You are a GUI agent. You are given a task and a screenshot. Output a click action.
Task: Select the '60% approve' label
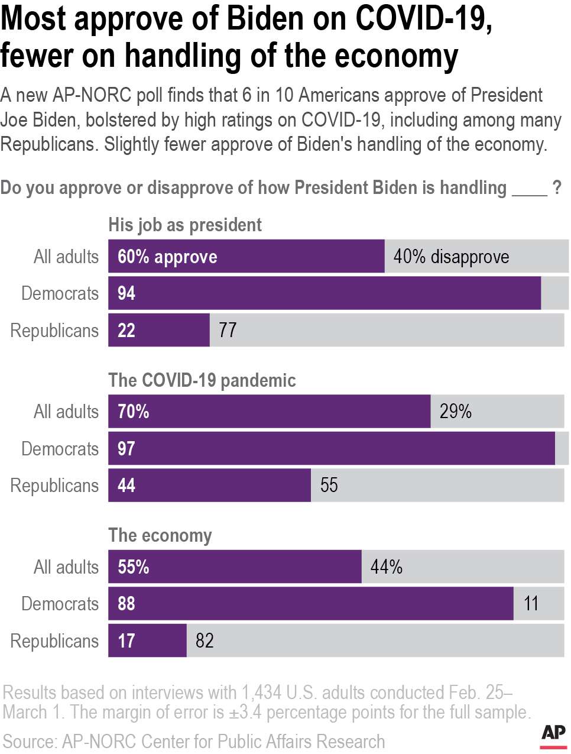tap(167, 257)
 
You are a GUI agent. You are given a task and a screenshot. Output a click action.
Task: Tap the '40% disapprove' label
tap(451, 257)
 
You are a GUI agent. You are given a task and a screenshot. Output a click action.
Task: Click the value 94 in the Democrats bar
tap(126, 293)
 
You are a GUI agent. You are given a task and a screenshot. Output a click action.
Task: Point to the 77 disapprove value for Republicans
tap(228, 330)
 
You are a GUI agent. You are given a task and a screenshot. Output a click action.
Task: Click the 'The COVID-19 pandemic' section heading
tap(202, 380)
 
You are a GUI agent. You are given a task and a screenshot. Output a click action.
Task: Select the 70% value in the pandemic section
tap(134, 412)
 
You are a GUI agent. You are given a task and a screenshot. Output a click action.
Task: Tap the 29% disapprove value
tap(455, 412)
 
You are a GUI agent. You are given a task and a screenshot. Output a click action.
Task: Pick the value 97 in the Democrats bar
tap(126, 448)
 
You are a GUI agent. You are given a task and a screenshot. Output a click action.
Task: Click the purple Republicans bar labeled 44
tap(209, 486)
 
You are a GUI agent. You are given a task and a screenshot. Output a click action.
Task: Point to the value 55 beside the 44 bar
tap(329, 486)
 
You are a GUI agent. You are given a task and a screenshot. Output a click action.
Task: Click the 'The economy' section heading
tap(160, 535)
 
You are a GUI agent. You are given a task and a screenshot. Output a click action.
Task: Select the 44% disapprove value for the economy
tap(386, 567)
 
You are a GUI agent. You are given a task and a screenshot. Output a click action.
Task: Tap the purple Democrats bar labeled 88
tap(310, 604)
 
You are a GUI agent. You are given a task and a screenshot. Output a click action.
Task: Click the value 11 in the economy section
tap(531, 604)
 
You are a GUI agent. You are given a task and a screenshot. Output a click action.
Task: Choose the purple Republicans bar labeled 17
tap(147, 640)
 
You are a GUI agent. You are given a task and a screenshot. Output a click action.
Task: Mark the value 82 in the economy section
tap(205, 640)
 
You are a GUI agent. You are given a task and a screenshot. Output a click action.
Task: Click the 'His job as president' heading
tap(184, 225)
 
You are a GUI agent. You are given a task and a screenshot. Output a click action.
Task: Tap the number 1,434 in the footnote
tap(261, 692)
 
